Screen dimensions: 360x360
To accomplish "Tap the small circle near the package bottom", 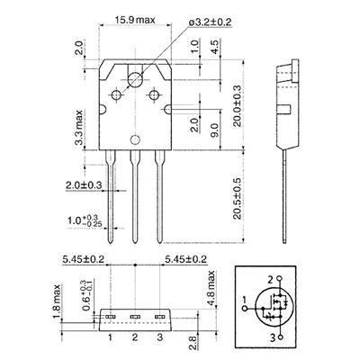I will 135,139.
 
